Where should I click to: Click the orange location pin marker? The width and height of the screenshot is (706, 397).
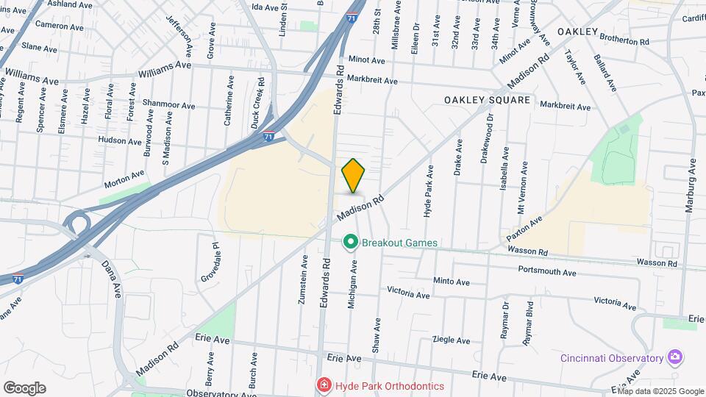(354, 175)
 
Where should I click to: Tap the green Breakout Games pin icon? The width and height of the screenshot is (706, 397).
(351, 242)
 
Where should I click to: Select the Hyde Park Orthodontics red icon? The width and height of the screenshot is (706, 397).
(323, 386)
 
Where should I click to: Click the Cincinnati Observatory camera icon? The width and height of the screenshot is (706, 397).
(674, 358)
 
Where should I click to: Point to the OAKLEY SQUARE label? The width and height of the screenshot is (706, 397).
(487, 100)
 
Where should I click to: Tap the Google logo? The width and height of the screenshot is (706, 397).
(24, 388)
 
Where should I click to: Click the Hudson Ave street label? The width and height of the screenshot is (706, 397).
(119, 140)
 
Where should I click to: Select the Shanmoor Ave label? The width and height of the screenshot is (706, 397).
(169, 105)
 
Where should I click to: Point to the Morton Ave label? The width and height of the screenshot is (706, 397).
(124, 177)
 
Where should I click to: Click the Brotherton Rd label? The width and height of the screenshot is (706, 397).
(624, 40)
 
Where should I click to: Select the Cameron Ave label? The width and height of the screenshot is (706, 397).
(59, 26)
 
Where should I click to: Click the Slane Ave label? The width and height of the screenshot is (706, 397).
(35, 46)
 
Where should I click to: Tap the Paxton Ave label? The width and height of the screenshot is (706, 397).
(524, 229)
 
